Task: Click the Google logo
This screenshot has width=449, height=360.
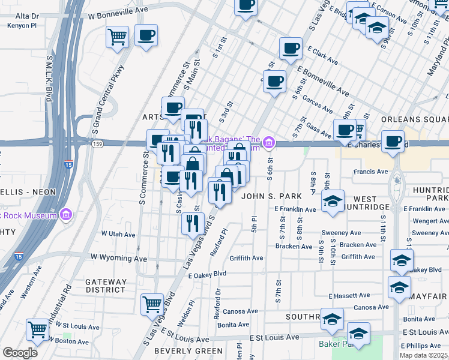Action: click(20, 353)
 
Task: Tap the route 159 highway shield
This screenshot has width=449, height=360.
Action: click(97, 144)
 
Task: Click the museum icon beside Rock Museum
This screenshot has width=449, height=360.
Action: click(67, 214)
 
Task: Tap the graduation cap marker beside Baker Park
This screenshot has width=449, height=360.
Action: click(358, 334)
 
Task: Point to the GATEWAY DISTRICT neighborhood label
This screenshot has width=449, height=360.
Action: click(106, 286)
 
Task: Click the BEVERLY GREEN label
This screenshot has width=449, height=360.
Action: click(180, 350)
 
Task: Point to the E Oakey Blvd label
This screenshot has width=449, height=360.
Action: click(206, 274)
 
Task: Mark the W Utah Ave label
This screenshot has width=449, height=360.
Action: click(118, 233)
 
